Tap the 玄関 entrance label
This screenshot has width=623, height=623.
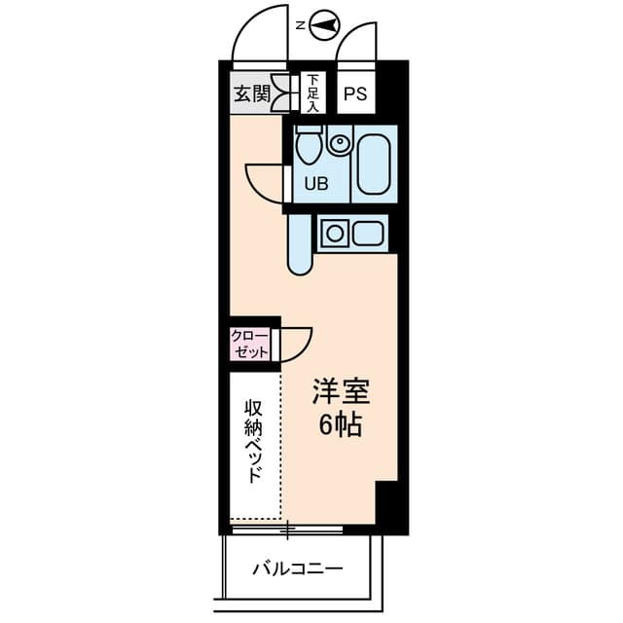pos(251,94)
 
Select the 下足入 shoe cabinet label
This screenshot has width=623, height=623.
pos(312,93)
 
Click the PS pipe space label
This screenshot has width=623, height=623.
pos(355,94)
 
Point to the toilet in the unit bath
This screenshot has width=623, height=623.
pos(310,147)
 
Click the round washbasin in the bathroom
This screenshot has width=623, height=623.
pos(339,146)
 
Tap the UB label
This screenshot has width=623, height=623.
pos(316,183)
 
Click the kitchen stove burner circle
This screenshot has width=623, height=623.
pos(334,234)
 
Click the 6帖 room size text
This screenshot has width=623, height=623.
pos(340,424)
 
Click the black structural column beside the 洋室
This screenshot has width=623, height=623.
pos(387,505)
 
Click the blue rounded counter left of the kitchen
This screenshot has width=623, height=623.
pos(299,243)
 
